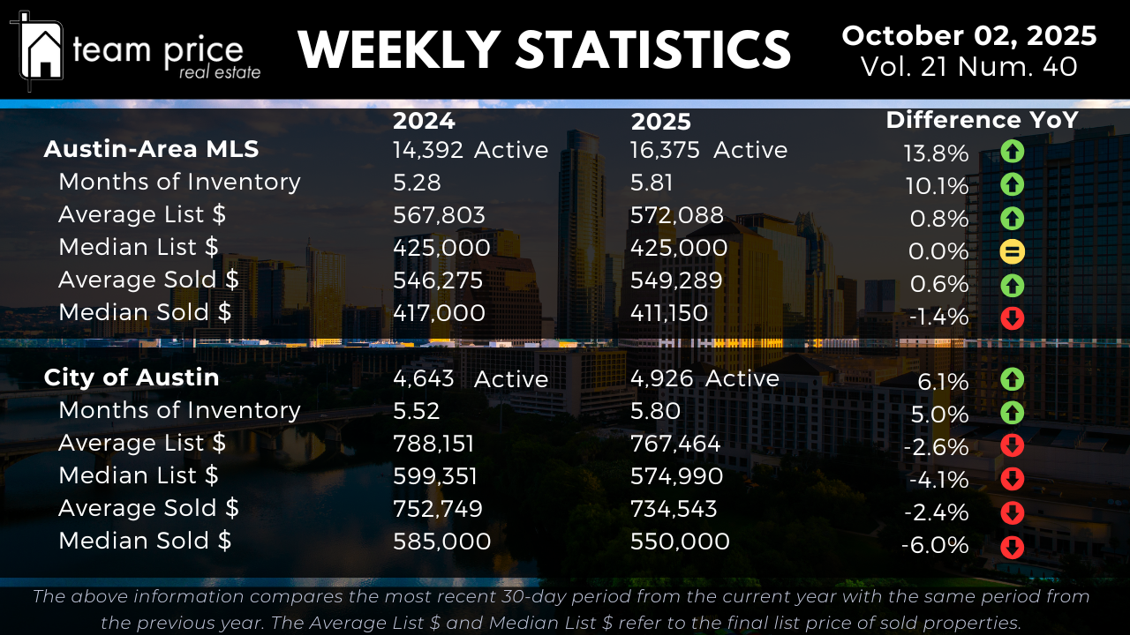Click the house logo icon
click(41, 51)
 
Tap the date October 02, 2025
click(969, 36)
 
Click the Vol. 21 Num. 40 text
click(968, 67)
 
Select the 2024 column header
click(424, 121)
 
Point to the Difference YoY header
click(982, 121)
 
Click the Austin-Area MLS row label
click(151, 150)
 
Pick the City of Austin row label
click(132, 377)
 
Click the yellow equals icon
click(1012, 252)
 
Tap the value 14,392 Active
click(471, 151)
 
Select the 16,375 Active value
click(709, 151)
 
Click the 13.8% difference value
click(936, 154)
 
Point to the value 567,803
click(439, 215)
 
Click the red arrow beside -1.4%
click(1012, 317)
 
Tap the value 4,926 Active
click(704, 378)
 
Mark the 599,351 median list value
click(435, 476)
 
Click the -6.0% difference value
click(935, 546)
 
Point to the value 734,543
click(674, 509)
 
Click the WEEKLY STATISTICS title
click(544, 50)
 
